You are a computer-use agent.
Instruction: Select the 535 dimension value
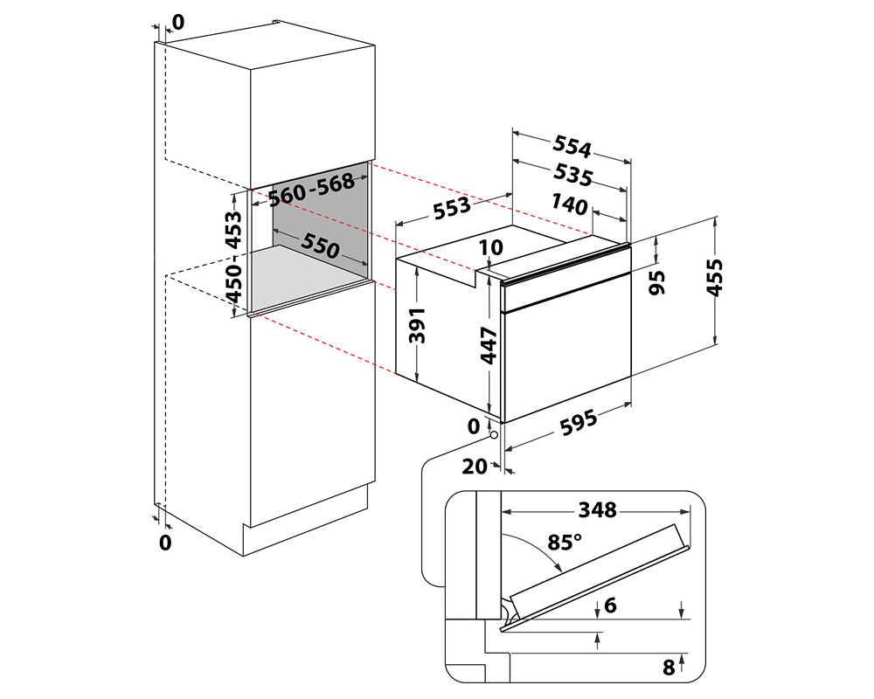[x=573, y=176]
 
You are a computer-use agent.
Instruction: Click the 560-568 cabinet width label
[x=313, y=188]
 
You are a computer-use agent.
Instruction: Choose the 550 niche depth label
[x=319, y=246]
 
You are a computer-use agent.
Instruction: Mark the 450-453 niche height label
[x=233, y=255]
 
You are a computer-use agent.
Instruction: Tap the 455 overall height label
[x=715, y=278]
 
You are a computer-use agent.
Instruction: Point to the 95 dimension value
[x=657, y=281]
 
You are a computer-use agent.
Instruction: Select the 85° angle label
[x=564, y=542]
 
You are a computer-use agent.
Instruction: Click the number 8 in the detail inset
[x=669, y=668]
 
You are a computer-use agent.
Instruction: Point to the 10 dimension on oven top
[x=491, y=248]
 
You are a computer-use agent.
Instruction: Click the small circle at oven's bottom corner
[x=494, y=433]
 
